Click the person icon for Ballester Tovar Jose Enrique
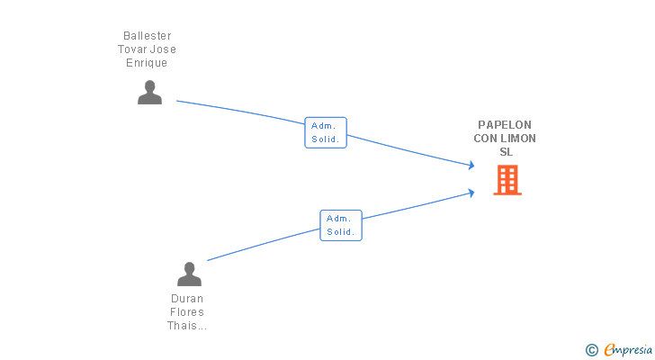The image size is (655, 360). click(x=149, y=93)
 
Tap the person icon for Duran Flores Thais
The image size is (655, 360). click(x=189, y=274)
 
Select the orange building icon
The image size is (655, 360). click(x=507, y=180)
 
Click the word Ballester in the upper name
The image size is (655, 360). click(x=147, y=35)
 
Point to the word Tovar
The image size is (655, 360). click(x=132, y=49)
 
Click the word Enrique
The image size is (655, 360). click(x=147, y=63)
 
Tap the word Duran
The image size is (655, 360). click(x=187, y=299)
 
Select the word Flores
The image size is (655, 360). click(x=187, y=312)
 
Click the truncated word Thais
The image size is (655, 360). click(x=187, y=325)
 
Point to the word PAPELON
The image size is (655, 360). click(x=505, y=125)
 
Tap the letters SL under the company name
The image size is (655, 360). click(x=507, y=151)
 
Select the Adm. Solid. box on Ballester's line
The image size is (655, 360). click(x=326, y=132)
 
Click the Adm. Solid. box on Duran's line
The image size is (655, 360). click(x=341, y=226)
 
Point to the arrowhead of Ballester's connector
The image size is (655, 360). click(x=472, y=166)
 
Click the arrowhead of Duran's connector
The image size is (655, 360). click(x=472, y=193)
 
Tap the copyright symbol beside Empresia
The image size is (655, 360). click(x=591, y=350)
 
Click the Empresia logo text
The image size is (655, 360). click(x=628, y=349)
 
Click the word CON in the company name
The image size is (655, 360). click(x=484, y=139)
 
